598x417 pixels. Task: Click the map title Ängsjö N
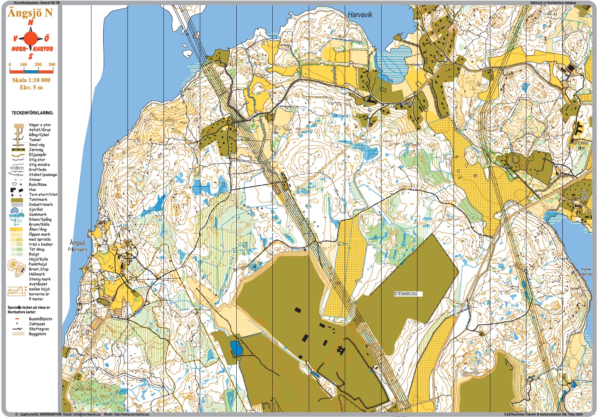pos(30,13)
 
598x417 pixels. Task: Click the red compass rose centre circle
pos(30,39)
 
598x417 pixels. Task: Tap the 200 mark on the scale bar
pos(38,65)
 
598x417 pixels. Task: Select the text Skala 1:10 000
pos(31,80)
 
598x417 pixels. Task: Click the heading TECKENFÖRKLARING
pos(32,113)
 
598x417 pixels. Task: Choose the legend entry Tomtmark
pos(38,199)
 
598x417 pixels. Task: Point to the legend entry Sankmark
pos(38,214)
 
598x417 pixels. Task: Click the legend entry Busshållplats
pos(40,319)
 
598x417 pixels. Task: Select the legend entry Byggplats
pos(37,334)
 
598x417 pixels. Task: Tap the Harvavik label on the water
pos(360,15)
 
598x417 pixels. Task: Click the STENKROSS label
pos(405,294)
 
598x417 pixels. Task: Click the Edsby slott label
pos(582,145)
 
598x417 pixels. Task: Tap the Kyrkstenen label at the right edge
pos(586,271)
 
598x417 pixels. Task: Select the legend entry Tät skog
pos(36,249)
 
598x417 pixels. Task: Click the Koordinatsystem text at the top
pos(36,2)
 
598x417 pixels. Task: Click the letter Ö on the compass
pos(47,38)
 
